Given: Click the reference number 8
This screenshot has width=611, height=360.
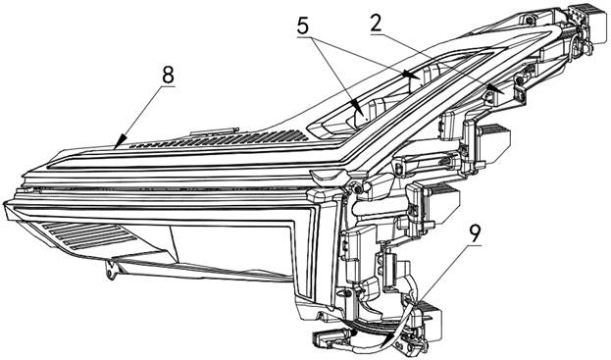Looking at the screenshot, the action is tap(168, 76).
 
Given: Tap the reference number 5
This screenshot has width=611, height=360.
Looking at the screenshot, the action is tap(303, 26).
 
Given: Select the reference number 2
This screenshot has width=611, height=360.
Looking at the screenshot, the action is tap(376, 25).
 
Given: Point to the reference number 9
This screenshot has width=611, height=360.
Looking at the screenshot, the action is tap(475, 234).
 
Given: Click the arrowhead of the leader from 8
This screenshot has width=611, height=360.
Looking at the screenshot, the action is tap(121, 141).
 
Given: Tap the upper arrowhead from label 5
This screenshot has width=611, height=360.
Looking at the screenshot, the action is tap(410, 74).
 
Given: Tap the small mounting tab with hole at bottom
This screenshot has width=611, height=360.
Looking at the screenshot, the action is tap(112, 270).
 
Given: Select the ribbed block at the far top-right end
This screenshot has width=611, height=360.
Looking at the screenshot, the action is tap(593, 23).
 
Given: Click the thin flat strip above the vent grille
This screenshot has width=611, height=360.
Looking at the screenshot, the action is tap(214, 132).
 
